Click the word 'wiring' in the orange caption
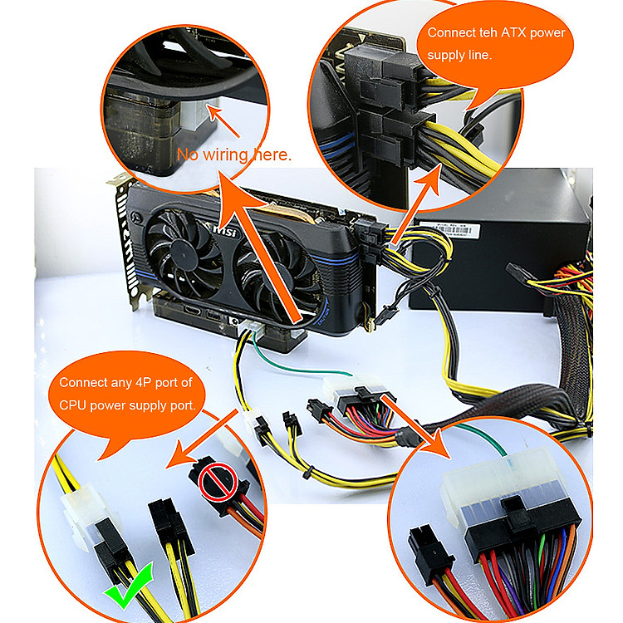[x=225, y=155]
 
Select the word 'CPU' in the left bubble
[x=73, y=405]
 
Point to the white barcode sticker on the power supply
[x=450, y=229]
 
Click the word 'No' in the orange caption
[x=188, y=155]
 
